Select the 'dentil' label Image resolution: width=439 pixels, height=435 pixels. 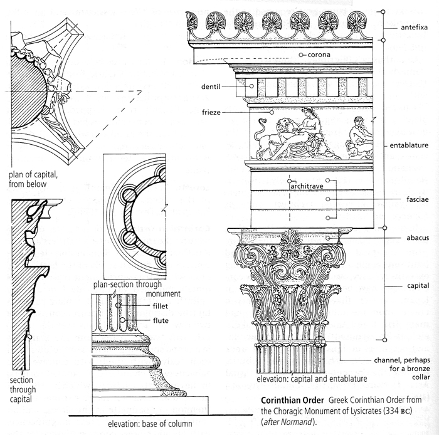219,86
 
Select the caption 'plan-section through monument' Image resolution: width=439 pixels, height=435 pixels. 136,288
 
